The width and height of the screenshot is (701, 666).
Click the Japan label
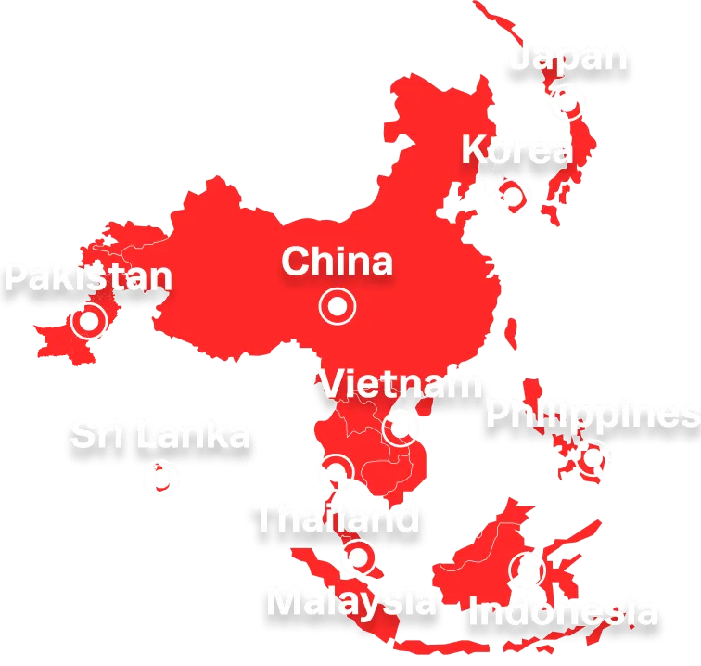[x=568, y=58]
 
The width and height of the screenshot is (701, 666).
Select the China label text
[x=337, y=262]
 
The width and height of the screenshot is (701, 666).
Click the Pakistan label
[x=89, y=276]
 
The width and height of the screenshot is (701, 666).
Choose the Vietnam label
[x=401, y=383]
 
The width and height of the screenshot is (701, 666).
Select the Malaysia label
[x=351, y=602]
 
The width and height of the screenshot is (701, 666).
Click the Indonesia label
[x=565, y=612]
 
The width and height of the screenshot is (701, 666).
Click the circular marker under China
[x=338, y=305]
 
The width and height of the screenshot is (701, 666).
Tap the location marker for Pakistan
[x=89, y=321]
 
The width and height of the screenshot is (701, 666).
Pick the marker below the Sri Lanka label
[x=164, y=480]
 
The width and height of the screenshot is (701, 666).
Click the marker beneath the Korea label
[x=512, y=196]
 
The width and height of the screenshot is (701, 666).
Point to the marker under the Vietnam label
[x=401, y=428]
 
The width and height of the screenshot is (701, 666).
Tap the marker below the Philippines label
[x=591, y=457]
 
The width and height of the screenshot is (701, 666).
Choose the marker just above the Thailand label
[x=335, y=471]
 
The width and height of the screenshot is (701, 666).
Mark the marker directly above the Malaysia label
[x=357, y=557]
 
